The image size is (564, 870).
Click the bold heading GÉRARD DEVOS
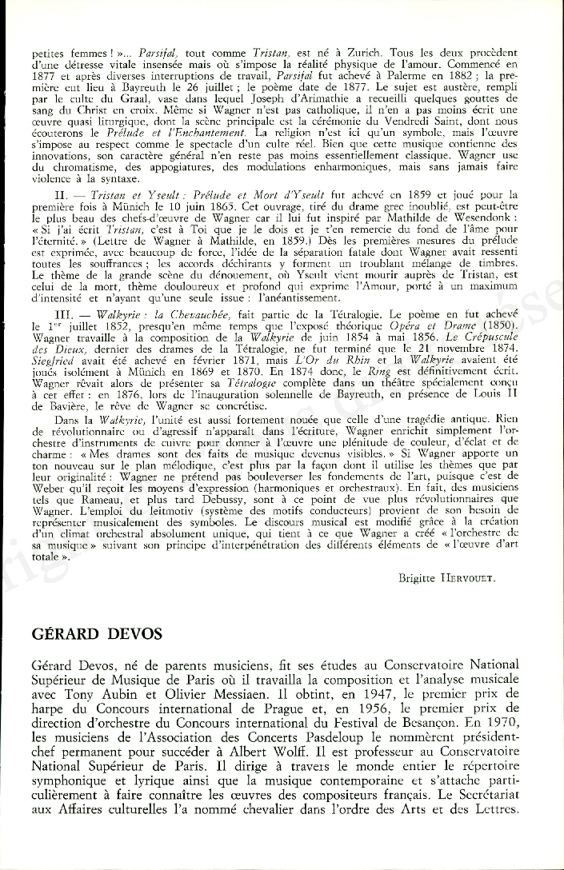coord(97,634)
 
